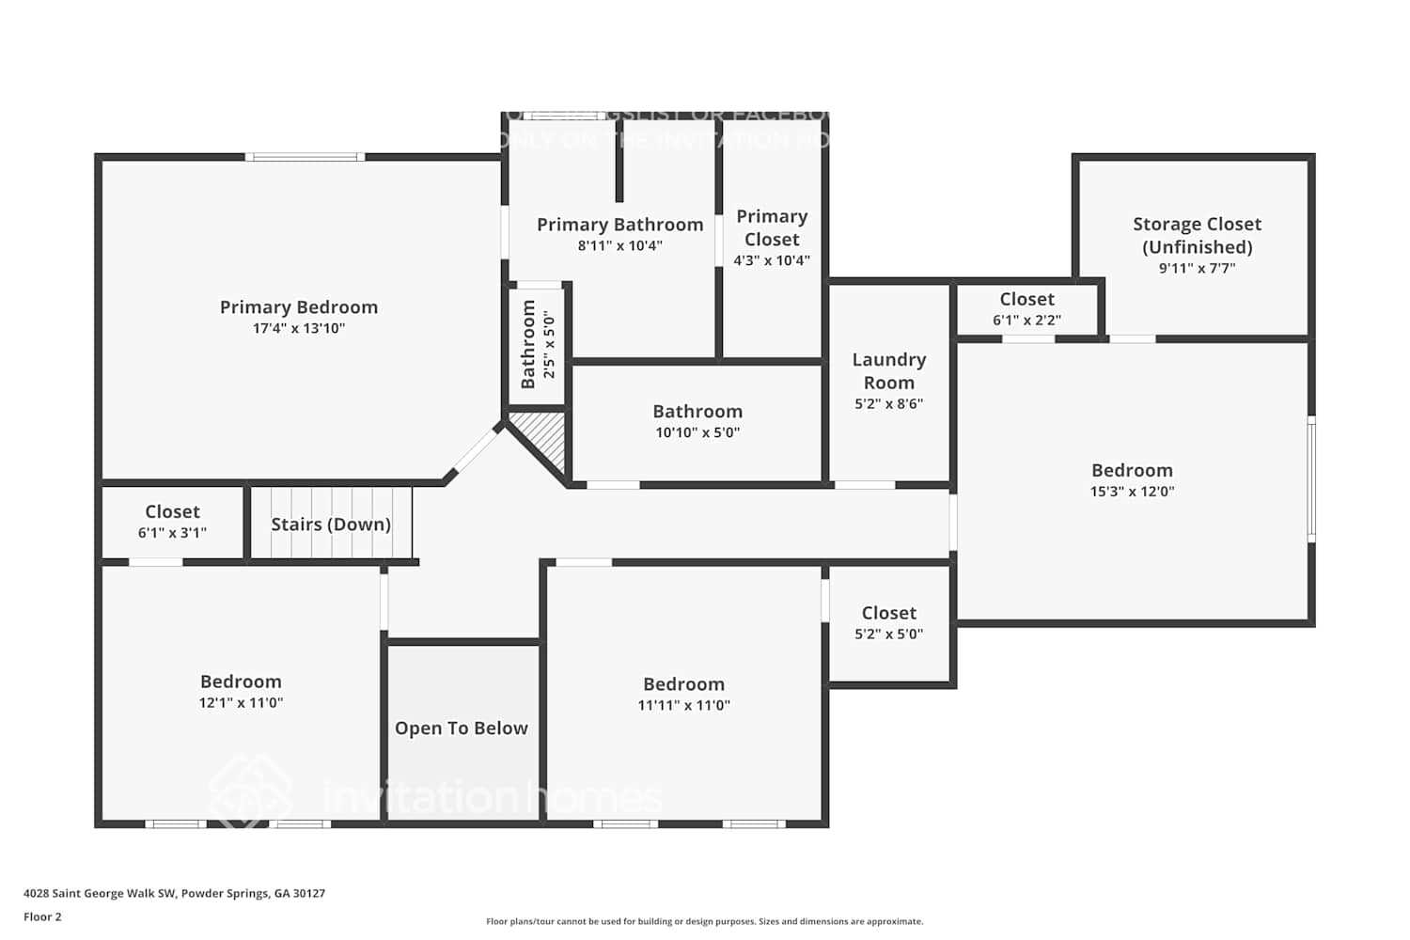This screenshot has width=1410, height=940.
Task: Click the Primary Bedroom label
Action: click(299, 307)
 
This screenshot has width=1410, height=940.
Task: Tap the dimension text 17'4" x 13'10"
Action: click(299, 329)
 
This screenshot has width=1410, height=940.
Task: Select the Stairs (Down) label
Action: click(331, 525)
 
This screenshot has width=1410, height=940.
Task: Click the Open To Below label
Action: click(461, 728)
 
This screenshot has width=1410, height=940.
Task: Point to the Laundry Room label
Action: click(888, 370)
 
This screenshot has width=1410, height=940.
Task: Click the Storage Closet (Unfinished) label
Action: click(1197, 235)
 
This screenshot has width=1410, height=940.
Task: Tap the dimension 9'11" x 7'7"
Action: click(1197, 269)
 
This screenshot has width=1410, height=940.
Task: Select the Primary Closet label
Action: click(772, 227)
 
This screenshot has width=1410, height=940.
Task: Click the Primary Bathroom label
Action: click(619, 225)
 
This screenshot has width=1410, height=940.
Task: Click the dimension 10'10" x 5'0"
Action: click(697, 433)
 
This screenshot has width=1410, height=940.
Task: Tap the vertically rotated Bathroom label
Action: click(528, 344)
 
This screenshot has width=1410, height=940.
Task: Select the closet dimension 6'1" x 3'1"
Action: click(172, 533)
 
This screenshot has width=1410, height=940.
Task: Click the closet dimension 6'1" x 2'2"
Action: click(1026, 321)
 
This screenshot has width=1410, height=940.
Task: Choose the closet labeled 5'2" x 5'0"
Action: click(888, 623)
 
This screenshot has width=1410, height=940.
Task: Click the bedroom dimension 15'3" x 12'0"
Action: click(1132, 492)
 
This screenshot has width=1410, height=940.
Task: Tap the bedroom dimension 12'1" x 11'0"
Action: click(241, 703)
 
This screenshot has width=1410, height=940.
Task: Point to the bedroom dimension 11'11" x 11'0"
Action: click(683, 706)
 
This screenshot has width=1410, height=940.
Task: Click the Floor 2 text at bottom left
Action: click(42, 917)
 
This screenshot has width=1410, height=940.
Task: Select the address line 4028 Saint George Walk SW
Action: click(174, 894)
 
